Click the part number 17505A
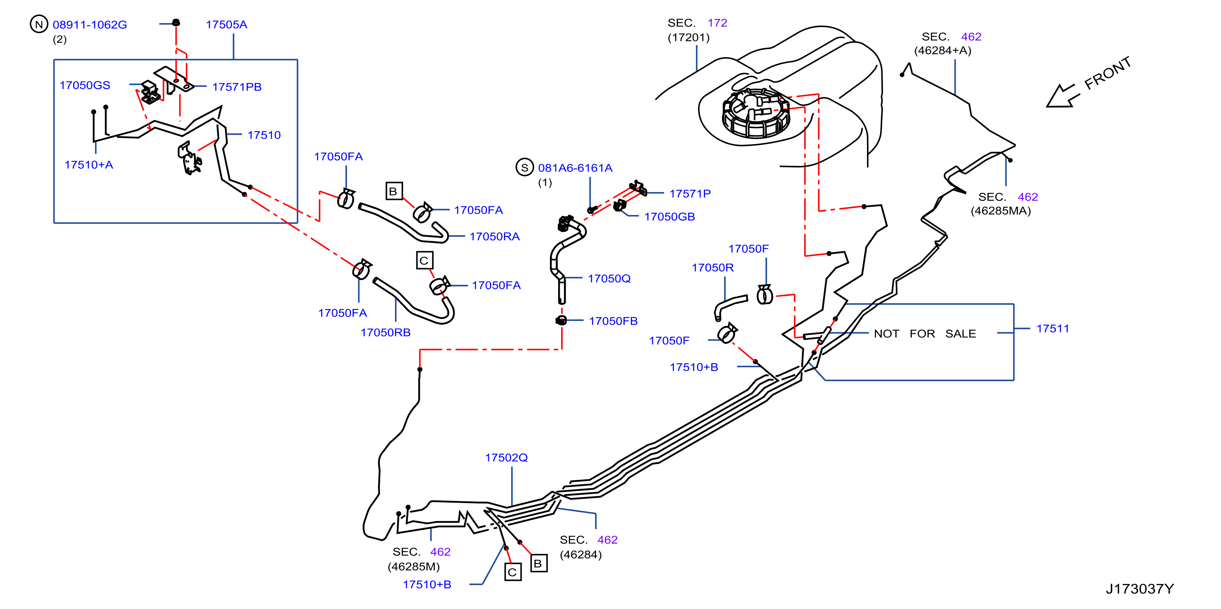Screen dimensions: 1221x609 pos(227,25)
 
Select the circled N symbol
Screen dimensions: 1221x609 pos(39,24)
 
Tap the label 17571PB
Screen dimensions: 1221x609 pos(237,87)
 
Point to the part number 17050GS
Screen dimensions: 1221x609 pos(85,85)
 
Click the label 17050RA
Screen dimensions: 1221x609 pos(494,237)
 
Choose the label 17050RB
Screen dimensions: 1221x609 pos(385,333)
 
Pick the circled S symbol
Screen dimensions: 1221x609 pos(525,167)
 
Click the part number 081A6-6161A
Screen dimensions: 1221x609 pos(575,168)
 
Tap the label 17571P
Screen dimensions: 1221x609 pos(690,194)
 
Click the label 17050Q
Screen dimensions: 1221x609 pos(609,279)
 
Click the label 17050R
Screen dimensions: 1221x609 pos(713,268)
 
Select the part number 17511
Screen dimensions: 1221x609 pos(1053,329)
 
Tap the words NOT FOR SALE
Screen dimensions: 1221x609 pos(925,334)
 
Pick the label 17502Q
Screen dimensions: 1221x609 pos(506,458)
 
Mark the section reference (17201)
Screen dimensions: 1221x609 pos(688,38)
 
